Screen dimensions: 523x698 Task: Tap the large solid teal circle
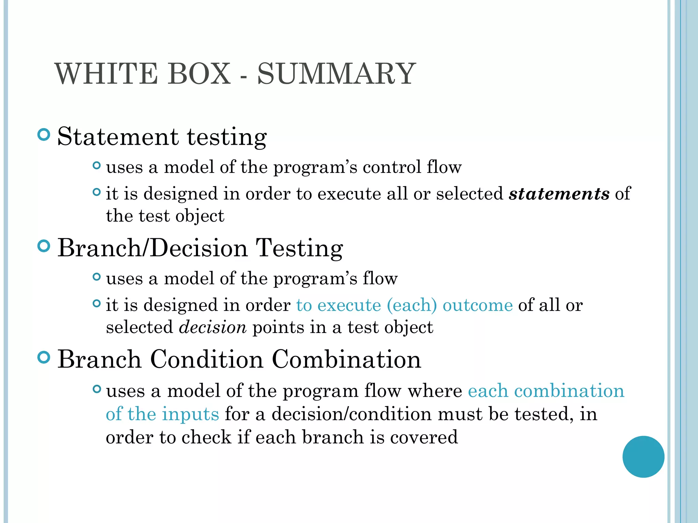pyautogui.click(x=643, y=457)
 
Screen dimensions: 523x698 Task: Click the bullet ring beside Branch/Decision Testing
pyautogui.click(x=44, y=246)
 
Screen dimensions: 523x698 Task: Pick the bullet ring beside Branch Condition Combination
pyautogui.click(x=44, y=358)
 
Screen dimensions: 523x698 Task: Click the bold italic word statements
pyautogui.click(x=559, y=193)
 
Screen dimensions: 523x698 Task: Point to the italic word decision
pyautogui.click(x=213, y=327)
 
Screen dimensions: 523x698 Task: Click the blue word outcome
pyautogui.click(x=477, y=305)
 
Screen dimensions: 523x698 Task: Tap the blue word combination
pyautogui.click(x=569, y=391)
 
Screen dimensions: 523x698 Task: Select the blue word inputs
pyautogui.click(x=190, y=414)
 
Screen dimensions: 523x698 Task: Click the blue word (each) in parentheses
pyautogui.click(x=412, y=305)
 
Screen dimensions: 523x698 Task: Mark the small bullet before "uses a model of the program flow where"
pyautogui.click(x=97, y=389)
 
